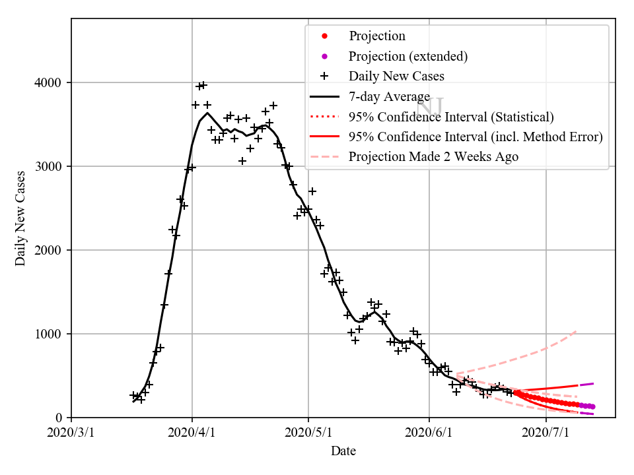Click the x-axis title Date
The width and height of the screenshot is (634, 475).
(x=343, y=452)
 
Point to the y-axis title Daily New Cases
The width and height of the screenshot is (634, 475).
(x=20, y=218)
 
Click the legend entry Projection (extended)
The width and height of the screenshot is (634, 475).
(x=408, y=56)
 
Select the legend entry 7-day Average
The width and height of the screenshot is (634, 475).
(x=390, y=96)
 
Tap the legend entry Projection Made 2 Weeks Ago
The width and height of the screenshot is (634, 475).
(x=433, y=157)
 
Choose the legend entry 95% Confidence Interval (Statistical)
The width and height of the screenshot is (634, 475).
(x=451, y=117)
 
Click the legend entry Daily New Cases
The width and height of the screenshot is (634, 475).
(x=396, y=76)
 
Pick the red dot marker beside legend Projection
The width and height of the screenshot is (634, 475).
(x=324, y=36)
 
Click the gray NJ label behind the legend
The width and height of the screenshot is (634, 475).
(x=431, y=106)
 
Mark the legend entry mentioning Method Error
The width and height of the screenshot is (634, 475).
(x=475, y=137)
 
